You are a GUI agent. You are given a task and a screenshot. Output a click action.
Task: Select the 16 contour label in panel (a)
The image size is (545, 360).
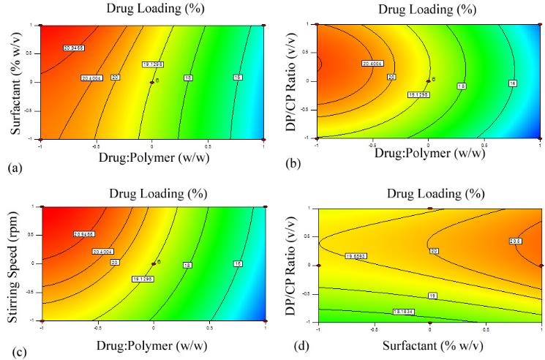[238, 77]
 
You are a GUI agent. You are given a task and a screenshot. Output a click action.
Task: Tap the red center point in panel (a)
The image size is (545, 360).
[151, 82]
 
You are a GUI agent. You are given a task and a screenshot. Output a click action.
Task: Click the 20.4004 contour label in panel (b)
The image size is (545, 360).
[372, 64]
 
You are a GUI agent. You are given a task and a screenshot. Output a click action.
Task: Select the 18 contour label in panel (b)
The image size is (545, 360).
[462, 86]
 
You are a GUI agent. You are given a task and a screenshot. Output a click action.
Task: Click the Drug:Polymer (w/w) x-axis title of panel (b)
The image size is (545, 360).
[428, 154]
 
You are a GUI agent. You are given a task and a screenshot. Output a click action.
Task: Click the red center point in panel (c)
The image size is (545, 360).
[153, 263]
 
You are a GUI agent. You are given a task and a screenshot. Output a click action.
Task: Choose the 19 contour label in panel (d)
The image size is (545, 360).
[432, 296]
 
